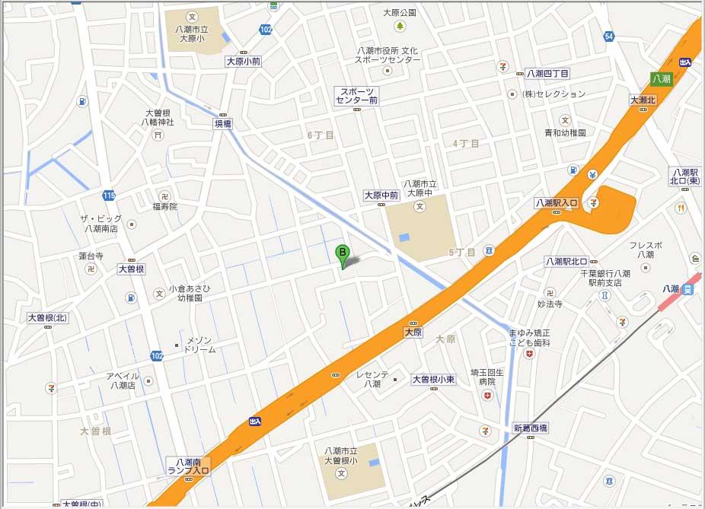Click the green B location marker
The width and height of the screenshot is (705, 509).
(x=343, y=253)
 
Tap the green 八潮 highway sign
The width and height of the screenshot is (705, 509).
(x=661, y=78)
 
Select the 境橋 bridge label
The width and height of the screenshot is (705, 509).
(x=222, y=122)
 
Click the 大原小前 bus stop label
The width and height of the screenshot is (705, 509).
(x=243, y=61)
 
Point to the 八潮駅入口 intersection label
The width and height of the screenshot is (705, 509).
(x=557, y=203)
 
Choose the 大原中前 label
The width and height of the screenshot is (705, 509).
(x=381, y=196)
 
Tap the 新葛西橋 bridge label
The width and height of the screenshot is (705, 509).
(x=530, y=428)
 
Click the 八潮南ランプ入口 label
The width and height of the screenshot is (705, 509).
(x=188, y=466)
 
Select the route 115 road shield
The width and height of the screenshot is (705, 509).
(x=110, y=196)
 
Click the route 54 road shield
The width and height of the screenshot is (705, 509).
(x=608, y=37)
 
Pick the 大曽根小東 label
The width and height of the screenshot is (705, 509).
(x=432, y=379)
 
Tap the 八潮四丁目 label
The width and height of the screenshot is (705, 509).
(x=547, y=74)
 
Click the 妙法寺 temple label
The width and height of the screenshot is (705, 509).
(x=549, y=304)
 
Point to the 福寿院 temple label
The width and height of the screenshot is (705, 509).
(x=164, y=206)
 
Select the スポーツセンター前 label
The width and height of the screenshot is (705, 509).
(x=357, y=96)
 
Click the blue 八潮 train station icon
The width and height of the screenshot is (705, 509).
(x=688, y=289)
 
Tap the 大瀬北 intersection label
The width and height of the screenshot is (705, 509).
(x=642, y=100)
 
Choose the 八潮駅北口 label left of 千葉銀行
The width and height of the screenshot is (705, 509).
(x=568, y=262)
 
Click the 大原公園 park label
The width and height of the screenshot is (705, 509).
(x=400, y=13)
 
